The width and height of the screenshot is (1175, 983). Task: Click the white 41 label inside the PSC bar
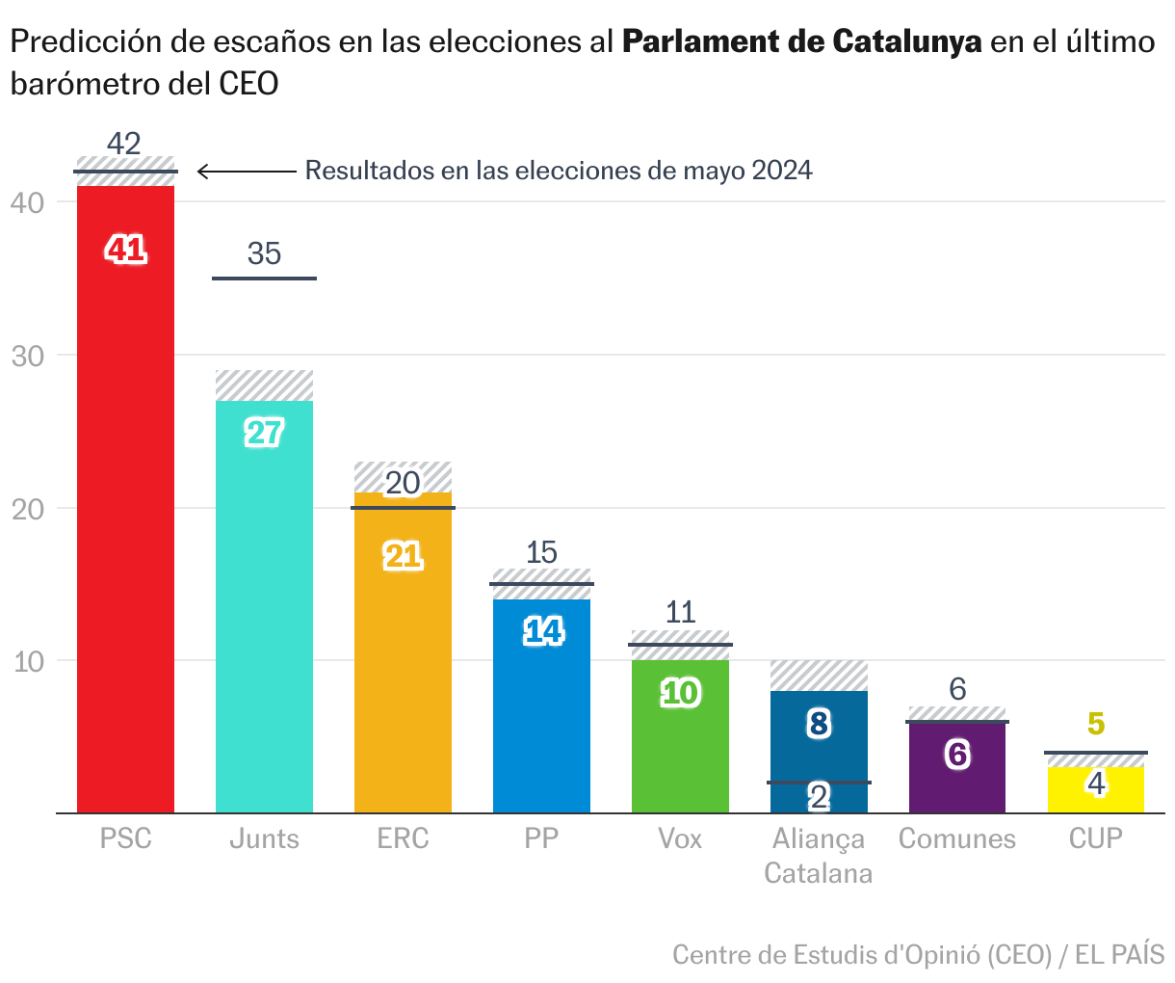coord(126,251)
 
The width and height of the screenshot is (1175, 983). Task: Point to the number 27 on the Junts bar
coord(264,434)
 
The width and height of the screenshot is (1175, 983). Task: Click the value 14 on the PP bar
coord(542,631)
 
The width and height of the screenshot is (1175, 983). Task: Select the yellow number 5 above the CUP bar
coord(1096,724)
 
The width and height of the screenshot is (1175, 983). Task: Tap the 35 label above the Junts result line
coord(264,253)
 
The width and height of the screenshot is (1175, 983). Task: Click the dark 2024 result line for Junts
coord(264,279)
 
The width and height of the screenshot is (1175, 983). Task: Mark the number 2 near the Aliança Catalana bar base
coord(819,797)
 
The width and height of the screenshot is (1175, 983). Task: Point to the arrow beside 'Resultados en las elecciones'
coord(247,172)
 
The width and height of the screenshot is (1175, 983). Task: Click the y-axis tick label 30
coord(29,356)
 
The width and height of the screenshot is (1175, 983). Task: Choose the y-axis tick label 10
coord(29,661)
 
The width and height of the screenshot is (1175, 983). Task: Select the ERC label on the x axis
coord(403,838)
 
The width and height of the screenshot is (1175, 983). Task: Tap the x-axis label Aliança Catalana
coord(819,856)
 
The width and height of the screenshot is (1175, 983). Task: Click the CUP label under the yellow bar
coord(1096,838)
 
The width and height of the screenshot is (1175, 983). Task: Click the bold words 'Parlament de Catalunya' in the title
coord(801,42)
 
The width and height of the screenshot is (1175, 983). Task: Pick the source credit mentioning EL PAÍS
coord(918,955)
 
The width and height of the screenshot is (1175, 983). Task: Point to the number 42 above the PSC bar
coord(124,144)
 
